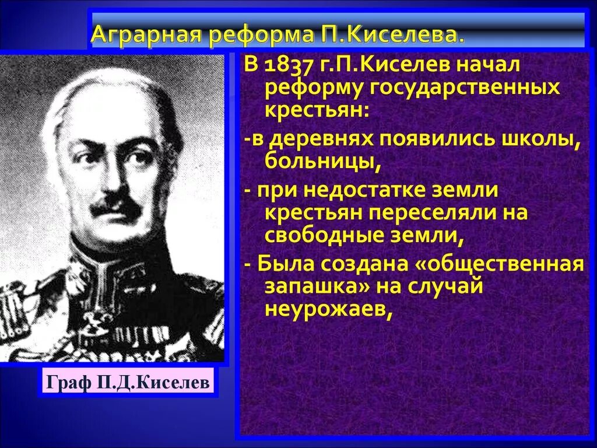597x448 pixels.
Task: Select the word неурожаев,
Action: tap(326, 310)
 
